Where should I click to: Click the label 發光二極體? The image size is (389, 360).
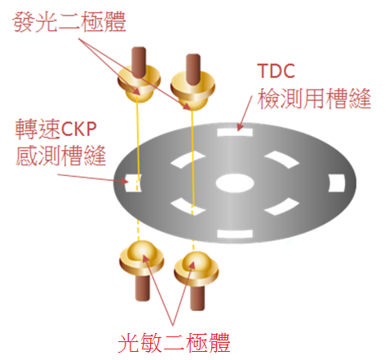tap(69, 22)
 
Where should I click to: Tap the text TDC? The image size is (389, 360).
tap(276, 71)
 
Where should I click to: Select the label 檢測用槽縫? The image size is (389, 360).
tap(314, 99)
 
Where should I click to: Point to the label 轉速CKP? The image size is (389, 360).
tap(55, 129)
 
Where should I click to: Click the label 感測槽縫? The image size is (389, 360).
tap(60, 156)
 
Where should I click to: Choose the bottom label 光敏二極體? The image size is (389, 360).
tap(174, 343)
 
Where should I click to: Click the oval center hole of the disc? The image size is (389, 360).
tap(235, 183)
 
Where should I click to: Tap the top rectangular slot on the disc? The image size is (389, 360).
tap(235, 133)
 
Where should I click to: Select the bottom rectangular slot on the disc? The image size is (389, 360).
tap(235, 234)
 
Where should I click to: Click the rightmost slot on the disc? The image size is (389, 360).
tap(337, 183)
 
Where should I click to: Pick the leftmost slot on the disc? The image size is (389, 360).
tap(133, 183)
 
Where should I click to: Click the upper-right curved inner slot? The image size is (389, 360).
tap(282, 160)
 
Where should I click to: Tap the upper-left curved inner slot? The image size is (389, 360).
tap(188, 160)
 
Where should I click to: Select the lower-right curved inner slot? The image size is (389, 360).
tap(282, 206)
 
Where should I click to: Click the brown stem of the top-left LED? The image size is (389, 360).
tap(139, 62)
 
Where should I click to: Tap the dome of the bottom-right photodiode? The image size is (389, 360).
tap(196, 263)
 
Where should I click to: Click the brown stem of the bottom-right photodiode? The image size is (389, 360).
tap(197, 298)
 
